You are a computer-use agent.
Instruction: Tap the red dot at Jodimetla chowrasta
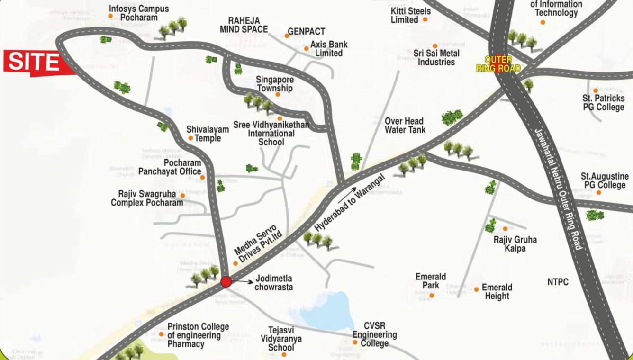point(226,282)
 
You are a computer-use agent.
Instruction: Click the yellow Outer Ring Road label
point(498,64)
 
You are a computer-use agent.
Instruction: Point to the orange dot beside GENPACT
point(287,36)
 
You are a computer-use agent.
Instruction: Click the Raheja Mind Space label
point(244,25)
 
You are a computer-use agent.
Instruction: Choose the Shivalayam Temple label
point(208,134)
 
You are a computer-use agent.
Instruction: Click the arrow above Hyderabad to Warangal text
point(348,192)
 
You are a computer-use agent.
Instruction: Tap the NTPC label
point(558,282)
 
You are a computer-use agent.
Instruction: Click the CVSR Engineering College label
point(374,334)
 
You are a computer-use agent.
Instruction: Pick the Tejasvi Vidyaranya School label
point(281,339)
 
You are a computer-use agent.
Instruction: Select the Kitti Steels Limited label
point(410,15)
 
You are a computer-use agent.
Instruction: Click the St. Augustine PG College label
point(605,180)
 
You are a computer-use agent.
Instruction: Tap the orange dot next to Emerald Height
point(476,289)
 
